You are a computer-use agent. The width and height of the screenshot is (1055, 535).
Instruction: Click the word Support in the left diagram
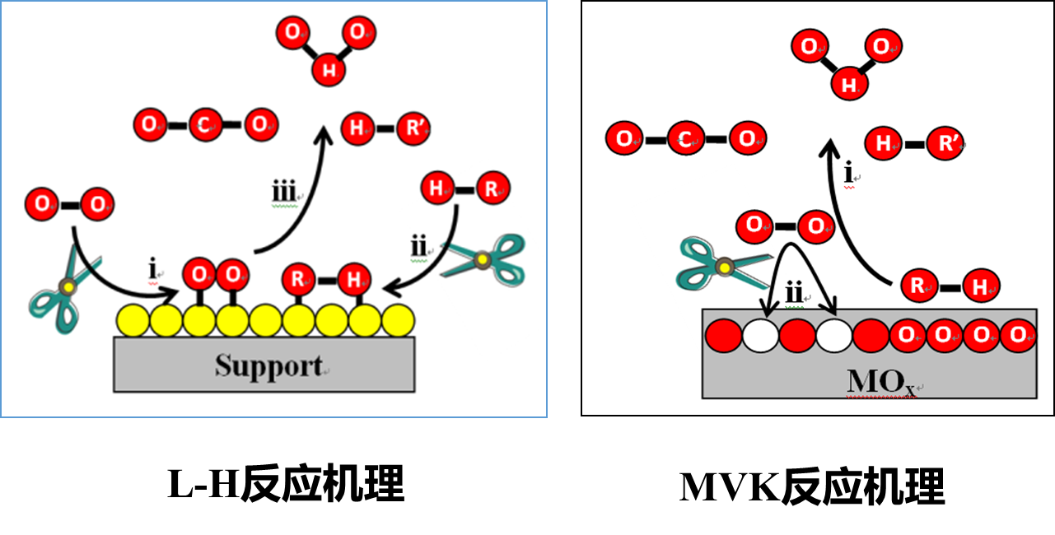pyautogui.click(x=268, y=365)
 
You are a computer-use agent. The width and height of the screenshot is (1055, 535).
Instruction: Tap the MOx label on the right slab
pyautogui.click(x=878, y=381)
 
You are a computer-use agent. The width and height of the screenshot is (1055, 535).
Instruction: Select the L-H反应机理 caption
pyautogui.click(x=286, y=484)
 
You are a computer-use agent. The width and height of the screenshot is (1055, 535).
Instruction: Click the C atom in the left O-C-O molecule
pyautogui.click(x=205, y=126)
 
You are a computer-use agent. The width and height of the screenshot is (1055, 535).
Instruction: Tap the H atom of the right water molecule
pyautogui.click(x=847, y=83)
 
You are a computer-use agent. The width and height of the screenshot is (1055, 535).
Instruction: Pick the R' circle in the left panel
pyautogui.click(x=409, y=128)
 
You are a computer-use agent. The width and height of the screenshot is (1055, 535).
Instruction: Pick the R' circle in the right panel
pyautogui.click(x=945, y=145)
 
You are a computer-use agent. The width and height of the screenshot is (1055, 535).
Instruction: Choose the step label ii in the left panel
pyautogui.click(x=418, y=246)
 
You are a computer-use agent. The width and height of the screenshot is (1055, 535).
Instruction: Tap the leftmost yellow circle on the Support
pyautogui.click(x=133, y=320)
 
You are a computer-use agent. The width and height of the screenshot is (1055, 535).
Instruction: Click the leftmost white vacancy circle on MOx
pyautogui.click(x=761, y=336)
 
